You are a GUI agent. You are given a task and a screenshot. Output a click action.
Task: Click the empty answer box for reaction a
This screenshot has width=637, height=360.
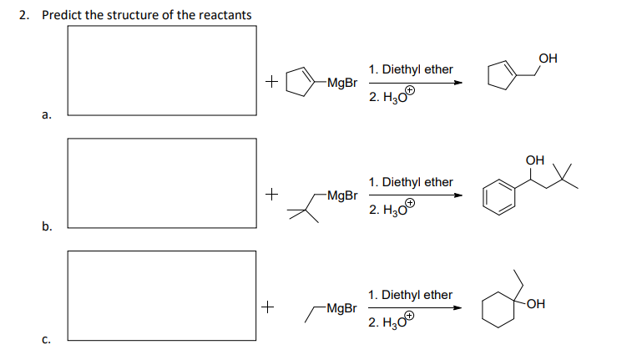pyautogui.click(x=161, y=70)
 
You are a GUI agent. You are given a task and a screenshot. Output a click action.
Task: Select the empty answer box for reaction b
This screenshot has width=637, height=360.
pyautogui.click(x=161, y=182)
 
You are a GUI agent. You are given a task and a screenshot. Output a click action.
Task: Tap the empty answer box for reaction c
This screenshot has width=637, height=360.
pyautogui.click(x=161, y=295)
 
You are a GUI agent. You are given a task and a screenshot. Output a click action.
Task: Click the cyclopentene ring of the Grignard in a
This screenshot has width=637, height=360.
pyautogui.click(x=298, y=82)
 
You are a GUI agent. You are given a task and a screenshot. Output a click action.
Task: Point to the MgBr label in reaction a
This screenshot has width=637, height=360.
pyautogui.click(x=342, y=83)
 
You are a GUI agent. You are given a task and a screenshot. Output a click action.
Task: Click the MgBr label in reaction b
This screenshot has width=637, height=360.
pyautogui.click(x=342, y=195)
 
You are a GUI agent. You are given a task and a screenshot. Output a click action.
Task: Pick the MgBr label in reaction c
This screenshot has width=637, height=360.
pyautogui.click(x=342, y=308)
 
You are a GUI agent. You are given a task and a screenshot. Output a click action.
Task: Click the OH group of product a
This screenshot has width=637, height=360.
pyautogui.click(x=548, y=58)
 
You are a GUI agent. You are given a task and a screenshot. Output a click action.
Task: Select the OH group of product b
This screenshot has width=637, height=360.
pyautogui.click(x=535, y=160)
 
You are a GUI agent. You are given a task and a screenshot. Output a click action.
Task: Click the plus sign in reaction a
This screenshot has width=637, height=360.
pyautogui.click(x=270, y=82)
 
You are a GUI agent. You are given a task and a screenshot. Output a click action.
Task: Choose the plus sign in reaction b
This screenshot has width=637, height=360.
pyautogui.click(x=270, y=195)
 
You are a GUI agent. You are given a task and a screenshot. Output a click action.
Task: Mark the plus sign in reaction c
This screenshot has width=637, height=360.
pyautogui.click(x=268, y=307)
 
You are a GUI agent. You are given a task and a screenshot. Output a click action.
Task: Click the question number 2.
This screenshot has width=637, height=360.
pyautogui.click(x=24, y=15)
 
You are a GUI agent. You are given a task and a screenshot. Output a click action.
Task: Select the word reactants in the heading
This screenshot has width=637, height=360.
pyautogui.click(x=224, y=15)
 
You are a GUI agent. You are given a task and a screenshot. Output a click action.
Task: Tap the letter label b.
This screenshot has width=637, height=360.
pyautogui.click(x=48, y=226)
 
